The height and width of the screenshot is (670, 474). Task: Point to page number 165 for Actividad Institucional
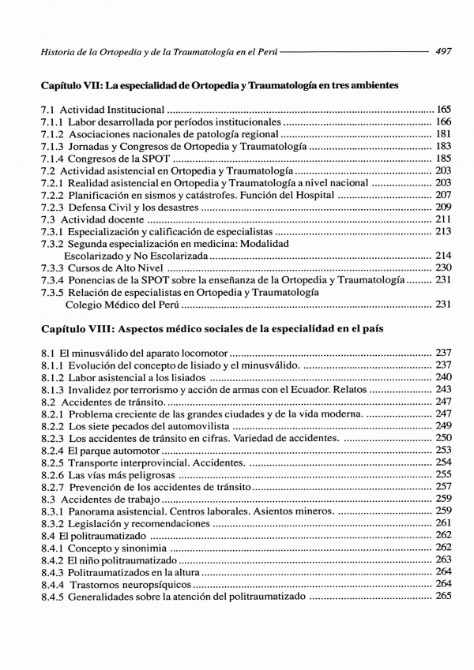(443, 109)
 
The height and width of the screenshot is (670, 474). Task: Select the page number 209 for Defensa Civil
(443, 207)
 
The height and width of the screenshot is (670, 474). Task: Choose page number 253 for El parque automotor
(443, 450)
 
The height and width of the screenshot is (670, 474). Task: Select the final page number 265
(443, 596)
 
